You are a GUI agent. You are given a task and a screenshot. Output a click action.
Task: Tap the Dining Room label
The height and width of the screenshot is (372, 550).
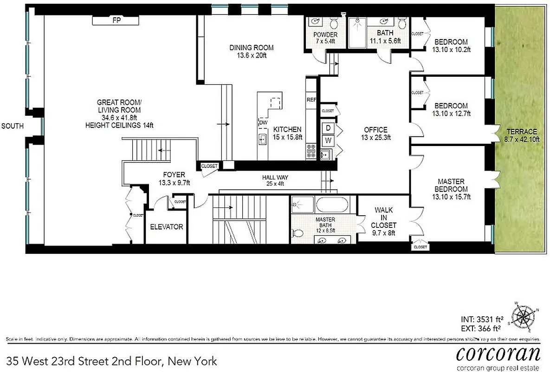point(252,47)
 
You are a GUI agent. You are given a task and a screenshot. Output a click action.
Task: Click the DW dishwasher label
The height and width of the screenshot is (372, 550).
point(263,122)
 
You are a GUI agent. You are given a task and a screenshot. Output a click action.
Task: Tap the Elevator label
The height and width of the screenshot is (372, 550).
point(167,227)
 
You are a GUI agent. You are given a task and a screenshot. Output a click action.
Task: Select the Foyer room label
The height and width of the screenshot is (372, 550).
point(174,175)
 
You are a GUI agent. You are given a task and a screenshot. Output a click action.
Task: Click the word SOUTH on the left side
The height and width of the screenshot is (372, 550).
point(13,126)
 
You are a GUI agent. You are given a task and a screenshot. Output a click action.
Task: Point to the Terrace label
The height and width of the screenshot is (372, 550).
point(521,132)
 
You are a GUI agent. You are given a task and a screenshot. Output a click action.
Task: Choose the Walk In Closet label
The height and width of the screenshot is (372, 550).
point(383,218)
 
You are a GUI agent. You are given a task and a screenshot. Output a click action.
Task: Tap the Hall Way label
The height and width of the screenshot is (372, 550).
point(275,177)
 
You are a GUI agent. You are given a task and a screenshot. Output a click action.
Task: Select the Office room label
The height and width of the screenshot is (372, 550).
point(375,130)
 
